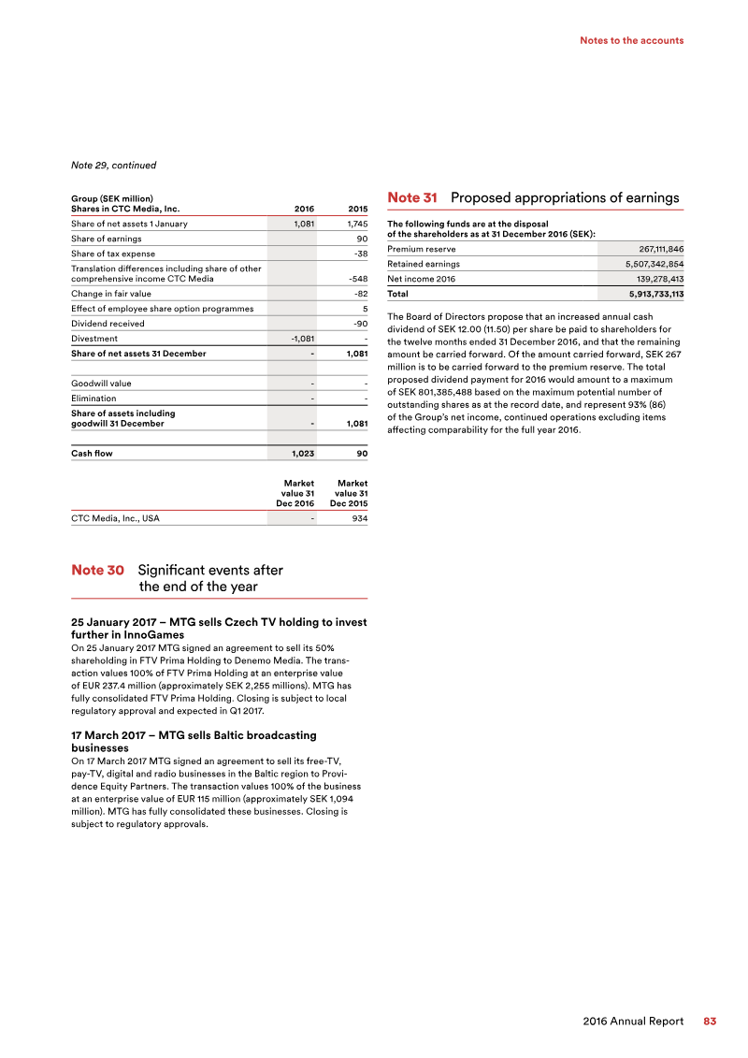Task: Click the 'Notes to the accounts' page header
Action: click(631, 40)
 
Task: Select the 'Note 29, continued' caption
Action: click(113, 166)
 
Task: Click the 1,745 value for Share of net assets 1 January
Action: click(352, 225)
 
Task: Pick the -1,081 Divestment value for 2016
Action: click(299, 339)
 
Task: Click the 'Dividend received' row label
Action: click(108, 324)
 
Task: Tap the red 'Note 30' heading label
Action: click(97, 570)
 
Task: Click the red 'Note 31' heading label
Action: click(412, 197)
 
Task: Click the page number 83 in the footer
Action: click(710, 1022)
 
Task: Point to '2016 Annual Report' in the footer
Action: click(633, 1022)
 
